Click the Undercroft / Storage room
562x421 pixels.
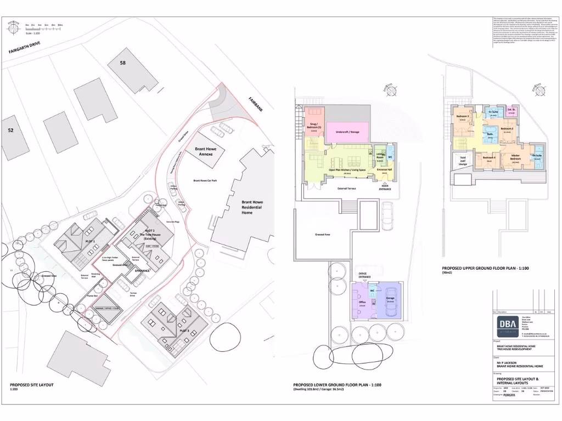(x=347, y=131)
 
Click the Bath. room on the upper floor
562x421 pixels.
(x=490, y=135)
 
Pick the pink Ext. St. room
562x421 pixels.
(x=512, y=112)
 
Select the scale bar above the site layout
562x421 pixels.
(x=43, y=25)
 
